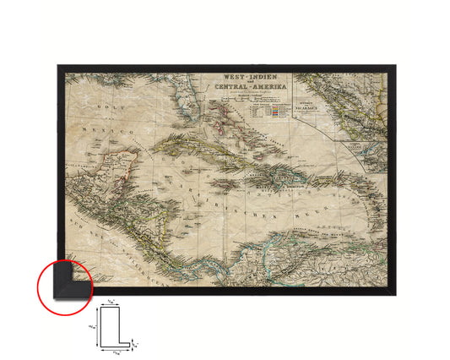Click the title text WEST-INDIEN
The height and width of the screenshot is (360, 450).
click(236, 75)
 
